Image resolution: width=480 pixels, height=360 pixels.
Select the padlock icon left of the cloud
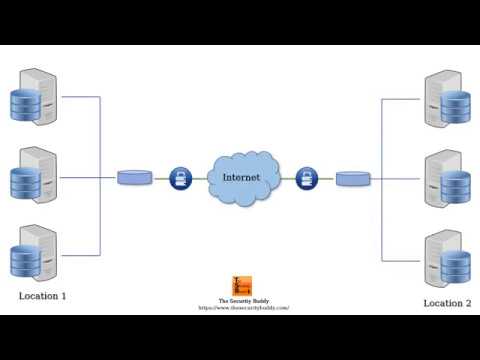point(181,178)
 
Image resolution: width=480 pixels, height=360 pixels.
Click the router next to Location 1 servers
point(134,178)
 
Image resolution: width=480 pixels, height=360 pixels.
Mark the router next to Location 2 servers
point(352,179)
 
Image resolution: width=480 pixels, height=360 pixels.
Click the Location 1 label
point(42,296)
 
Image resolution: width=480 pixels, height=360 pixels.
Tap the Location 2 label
point(446,303)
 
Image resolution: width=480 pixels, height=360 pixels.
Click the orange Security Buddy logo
point(242,285)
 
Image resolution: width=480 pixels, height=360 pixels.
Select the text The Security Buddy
point(243,301)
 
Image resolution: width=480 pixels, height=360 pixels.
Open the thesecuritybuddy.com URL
point(244,308)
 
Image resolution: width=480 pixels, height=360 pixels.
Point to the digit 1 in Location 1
point(63,296)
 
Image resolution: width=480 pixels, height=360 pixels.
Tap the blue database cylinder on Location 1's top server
point(23,105)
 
